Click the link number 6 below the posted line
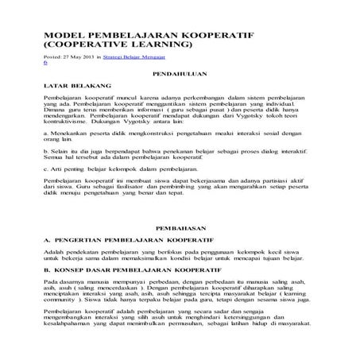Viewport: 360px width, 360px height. [x=45, y=63]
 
